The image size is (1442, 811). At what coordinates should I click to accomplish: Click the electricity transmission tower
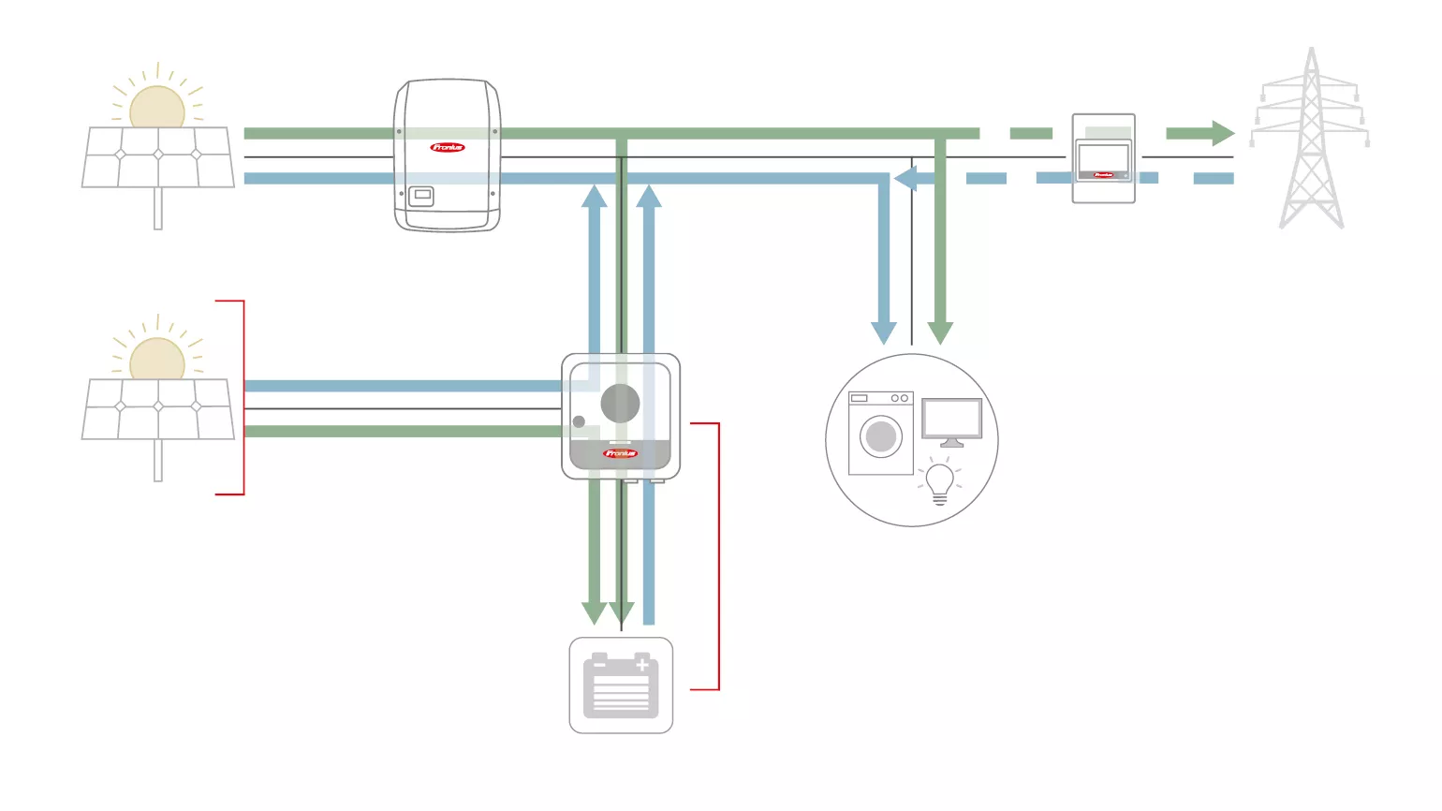pyautogui.click(x=1311, y=140)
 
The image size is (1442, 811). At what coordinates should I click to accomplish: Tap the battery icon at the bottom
pyautogui.click(x=621, y=686)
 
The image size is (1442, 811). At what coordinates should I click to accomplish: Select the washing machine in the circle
pyautogui.click(x=880, y=434)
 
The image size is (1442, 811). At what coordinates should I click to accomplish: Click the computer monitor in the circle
pyautogui.click(x=951, y=420)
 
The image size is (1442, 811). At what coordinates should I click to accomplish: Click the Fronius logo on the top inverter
pyautogui.click(x=447, y=147)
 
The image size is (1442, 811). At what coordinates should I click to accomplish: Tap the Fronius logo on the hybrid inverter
pyautogui.click(x=620, y=453)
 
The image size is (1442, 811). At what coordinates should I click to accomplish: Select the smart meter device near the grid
pyautogui.click(x=1103, y=158)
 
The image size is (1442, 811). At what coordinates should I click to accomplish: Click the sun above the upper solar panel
pyautogui.click(x=157, y=107)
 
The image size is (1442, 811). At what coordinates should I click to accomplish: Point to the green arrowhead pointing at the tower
pyautogui.click(x=1222, y=133)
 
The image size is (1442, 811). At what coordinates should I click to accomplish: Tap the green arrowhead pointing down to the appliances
pyautogui.click(x=940, y=332)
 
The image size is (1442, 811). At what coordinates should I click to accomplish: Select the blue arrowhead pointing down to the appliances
pyautogui.click(x=883, y=332)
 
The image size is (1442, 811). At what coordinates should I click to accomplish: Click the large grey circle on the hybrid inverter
pyautogui.click(x=620, y=404)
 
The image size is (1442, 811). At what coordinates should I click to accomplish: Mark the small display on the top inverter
pyautogui.click(x=421, y=196)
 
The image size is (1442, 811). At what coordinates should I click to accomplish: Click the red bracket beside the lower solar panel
pyautogui.click(x=243, y=397)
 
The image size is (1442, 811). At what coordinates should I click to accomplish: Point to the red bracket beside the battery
pyautogui.click(x=718, y=556)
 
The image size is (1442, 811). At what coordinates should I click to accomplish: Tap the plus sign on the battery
pyautogui.click(x=642, y=665)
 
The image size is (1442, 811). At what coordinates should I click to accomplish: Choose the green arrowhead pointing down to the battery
pyautogui.click(x=594, y=613)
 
